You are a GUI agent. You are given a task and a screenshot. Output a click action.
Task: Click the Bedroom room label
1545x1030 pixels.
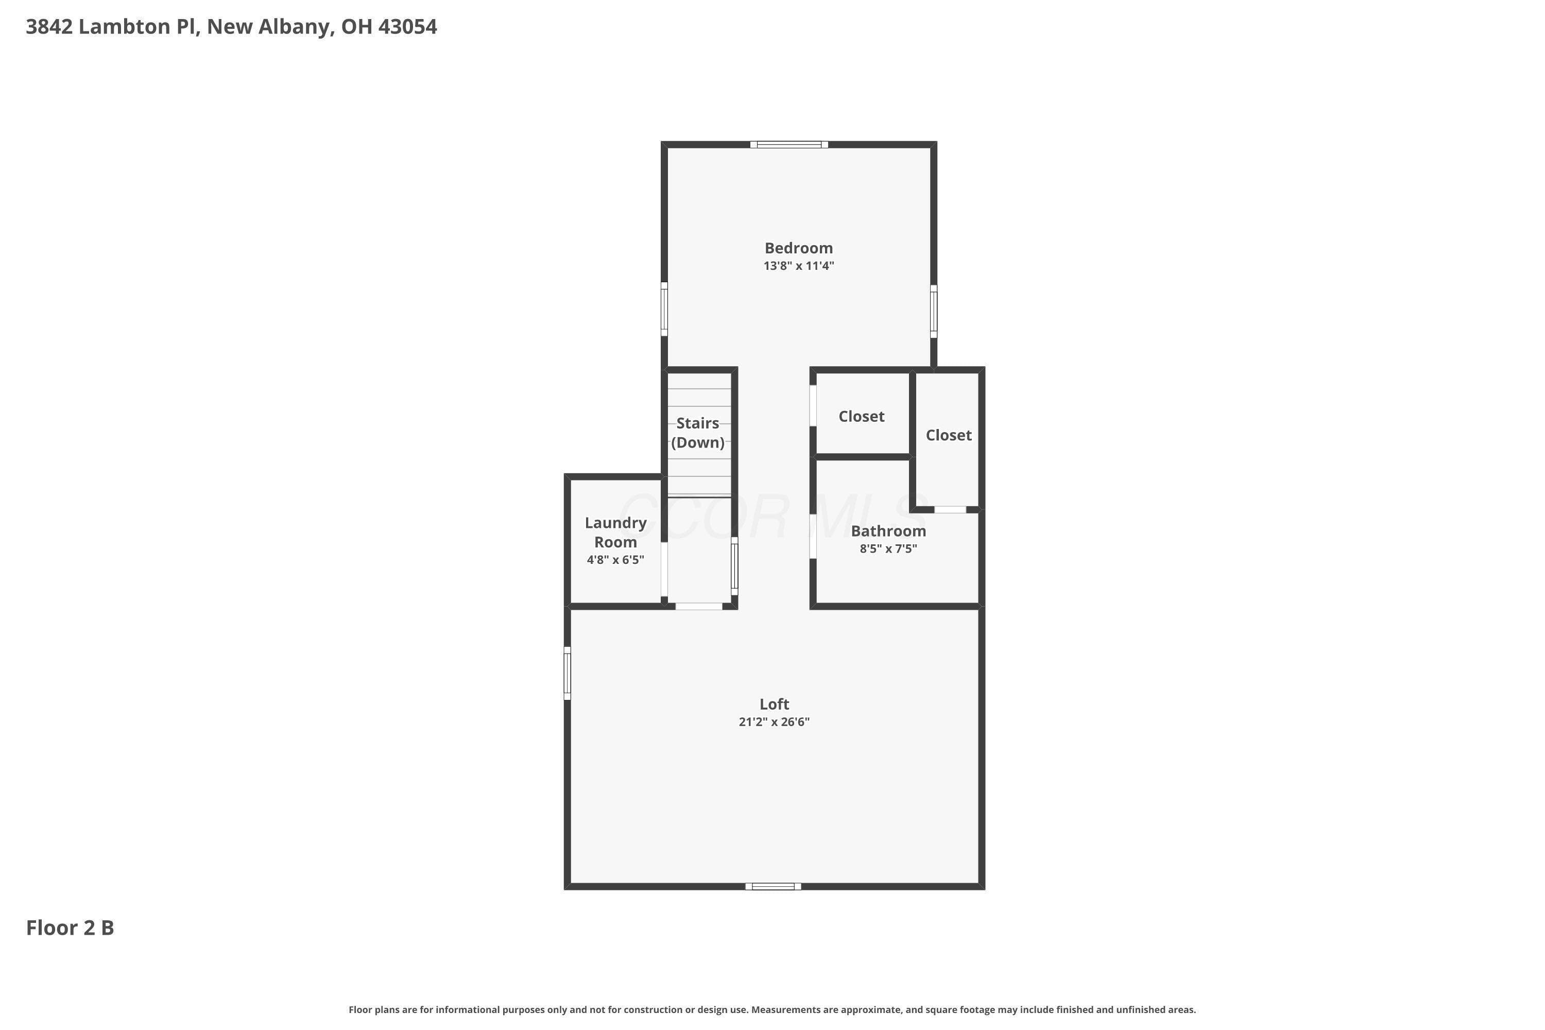(799, 248)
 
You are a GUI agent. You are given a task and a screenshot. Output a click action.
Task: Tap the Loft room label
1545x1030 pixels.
(774, 704)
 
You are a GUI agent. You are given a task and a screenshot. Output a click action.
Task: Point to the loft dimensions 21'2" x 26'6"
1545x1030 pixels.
(774, 722)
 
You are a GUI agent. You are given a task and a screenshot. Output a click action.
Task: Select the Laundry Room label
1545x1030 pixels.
(615, 532)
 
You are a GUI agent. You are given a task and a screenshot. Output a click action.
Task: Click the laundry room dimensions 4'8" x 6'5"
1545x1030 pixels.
(615, 560)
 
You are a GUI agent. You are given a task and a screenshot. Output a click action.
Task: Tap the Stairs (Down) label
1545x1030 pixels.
(698, 432)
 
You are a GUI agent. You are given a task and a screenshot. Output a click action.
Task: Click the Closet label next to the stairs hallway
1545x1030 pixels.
(861, 417)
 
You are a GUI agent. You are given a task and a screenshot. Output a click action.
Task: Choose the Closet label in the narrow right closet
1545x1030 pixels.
(949, 435)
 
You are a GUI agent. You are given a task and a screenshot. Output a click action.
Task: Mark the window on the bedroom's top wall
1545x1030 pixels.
(789, 145)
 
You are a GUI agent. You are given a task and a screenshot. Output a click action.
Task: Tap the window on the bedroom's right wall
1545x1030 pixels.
(933, 312)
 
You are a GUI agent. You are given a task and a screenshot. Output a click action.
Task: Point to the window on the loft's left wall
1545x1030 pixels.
(568, 673)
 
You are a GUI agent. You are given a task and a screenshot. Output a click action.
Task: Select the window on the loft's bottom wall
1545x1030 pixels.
(773, 887)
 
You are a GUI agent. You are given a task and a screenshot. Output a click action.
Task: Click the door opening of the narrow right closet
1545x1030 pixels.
(950, 510)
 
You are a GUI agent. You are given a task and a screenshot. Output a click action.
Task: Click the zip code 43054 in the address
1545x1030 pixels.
(407, 27)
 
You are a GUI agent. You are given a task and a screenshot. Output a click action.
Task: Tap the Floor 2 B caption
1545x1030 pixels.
(70, 928)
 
